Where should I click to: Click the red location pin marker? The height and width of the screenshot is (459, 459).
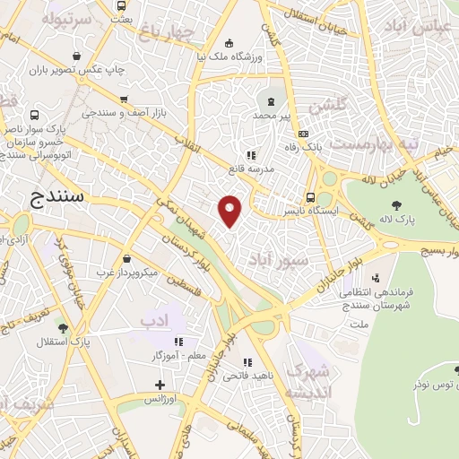coord(230,209)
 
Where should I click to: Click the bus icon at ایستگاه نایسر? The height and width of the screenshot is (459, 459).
coord(310,197)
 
